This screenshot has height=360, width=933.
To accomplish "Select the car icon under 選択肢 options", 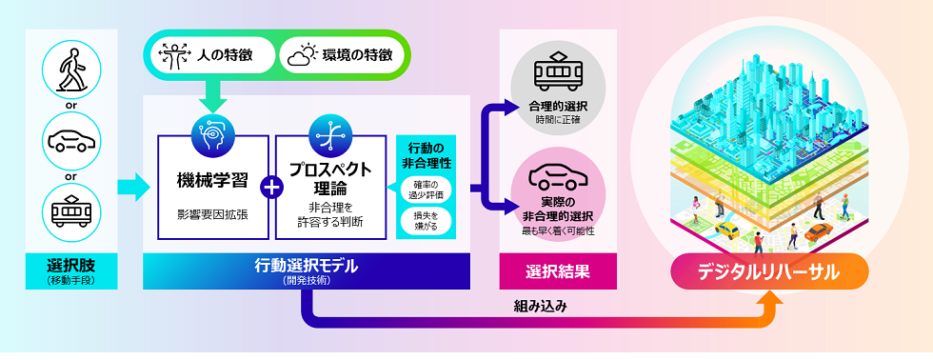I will coord(72,140).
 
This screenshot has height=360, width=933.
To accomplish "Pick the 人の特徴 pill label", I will coord(213,55).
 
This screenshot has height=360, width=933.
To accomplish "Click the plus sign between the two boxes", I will coord(271,187).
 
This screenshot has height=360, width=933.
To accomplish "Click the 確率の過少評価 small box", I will coord(422,189).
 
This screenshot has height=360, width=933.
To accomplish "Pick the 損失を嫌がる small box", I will coord(422,221).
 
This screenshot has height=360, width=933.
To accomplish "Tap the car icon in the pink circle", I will coord(557,176).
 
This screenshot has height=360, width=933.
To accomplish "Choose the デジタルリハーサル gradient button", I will coord(769,271).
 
